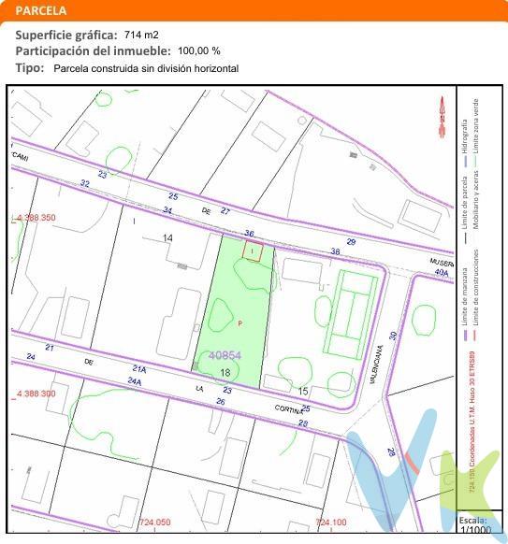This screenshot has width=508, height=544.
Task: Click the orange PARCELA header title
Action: pos(41,11)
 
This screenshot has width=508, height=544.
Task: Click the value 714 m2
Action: pos(141,35)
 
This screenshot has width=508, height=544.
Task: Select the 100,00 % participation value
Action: pos(199,50)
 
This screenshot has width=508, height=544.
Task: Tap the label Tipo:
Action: pos(30,68)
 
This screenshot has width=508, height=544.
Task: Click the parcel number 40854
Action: pos(225,355)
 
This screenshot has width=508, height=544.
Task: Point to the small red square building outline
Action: pos(253,251)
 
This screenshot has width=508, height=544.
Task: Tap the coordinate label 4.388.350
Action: pos(35,217)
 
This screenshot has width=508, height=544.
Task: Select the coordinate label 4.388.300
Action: pos(35,394)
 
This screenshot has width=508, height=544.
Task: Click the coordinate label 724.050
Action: pos(154,522)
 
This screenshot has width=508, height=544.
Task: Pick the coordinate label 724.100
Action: pos(331,522)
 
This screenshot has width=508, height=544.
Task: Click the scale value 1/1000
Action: pos(475,530)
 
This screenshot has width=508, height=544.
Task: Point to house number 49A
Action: pos(441,272)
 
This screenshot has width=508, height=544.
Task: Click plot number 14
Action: pos(167,238)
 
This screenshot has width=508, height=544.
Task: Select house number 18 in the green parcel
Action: pos(225,372)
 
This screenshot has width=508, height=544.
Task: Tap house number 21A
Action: pos(140,368)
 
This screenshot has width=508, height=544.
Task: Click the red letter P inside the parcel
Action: pos(239,323)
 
